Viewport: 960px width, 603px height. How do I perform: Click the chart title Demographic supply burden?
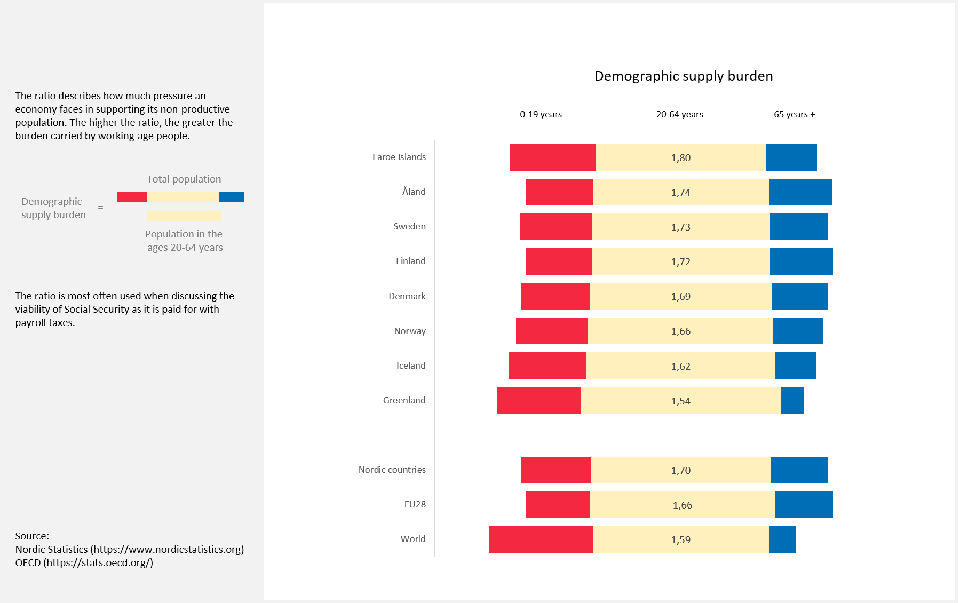[683, 76]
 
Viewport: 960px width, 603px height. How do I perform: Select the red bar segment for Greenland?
[538, 400]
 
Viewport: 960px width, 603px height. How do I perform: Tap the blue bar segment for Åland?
[800, 192]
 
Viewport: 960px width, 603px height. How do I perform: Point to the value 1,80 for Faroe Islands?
[680, 158]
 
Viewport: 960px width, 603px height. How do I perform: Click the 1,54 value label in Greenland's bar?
[680, 401]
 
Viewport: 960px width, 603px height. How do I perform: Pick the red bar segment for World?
[541, 539]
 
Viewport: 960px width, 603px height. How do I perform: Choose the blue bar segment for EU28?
[804, 505]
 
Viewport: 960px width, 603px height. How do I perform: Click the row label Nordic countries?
[392, 470]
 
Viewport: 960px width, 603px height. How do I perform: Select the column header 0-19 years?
[541, 114]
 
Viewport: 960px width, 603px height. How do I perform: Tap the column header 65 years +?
[794, 114]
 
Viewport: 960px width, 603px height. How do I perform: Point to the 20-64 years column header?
[679, 114]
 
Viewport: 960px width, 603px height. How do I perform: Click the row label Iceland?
[410, 366]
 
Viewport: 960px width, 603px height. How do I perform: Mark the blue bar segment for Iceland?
[795, 366]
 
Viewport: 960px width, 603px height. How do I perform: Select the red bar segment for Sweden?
[556, 227]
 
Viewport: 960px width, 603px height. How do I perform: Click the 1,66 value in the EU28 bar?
[682, 505]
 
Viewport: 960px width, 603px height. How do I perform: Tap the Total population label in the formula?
[184, 179]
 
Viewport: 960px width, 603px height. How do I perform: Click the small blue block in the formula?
[232, 197]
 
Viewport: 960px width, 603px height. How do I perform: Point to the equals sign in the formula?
[100, 208]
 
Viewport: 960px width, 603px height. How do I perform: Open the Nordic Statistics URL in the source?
[167, 549]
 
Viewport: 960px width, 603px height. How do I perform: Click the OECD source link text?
[98, 562]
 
